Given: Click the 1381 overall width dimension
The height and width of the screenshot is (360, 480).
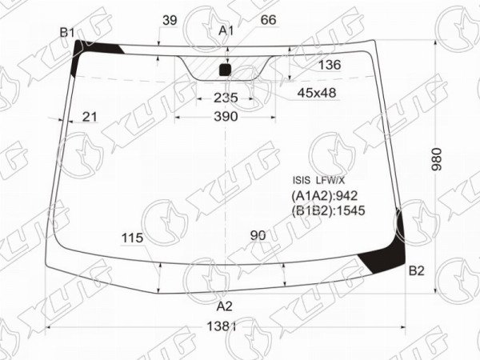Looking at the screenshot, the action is click(x=222, y=326).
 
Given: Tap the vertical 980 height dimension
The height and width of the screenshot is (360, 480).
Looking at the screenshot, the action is click(x=437, y=159).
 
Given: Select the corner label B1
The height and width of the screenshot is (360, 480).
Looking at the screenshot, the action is click(x=67, y=32).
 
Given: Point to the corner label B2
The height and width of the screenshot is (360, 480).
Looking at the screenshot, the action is click(x=417, y=270).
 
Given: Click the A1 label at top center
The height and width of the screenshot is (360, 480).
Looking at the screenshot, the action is click(x=226, y=30).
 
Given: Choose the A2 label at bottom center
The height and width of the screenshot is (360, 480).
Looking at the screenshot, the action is click(x=225, y=306).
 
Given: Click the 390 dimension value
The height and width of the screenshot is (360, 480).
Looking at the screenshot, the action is click(x=226, y=116).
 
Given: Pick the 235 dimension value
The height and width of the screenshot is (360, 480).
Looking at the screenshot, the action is click(x=226, y=98).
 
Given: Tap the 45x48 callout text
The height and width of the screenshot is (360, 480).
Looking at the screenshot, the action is click(x=317, y=93).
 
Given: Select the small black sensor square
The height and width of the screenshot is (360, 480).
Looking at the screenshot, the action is click(x=226, y=70).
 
